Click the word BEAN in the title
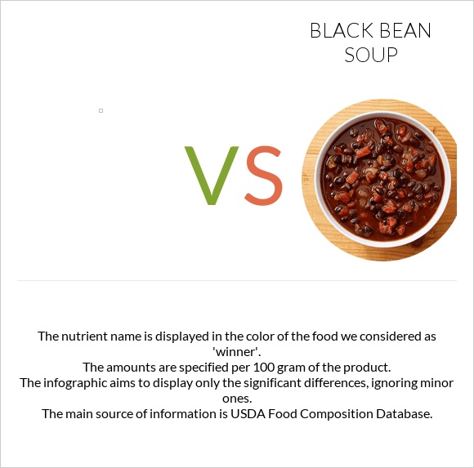point(402,31)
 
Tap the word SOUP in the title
point(370,56)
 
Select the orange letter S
point(263,176)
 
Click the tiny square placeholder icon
point(101,110)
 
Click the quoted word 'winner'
point(237,351)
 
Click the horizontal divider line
point(237,280)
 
